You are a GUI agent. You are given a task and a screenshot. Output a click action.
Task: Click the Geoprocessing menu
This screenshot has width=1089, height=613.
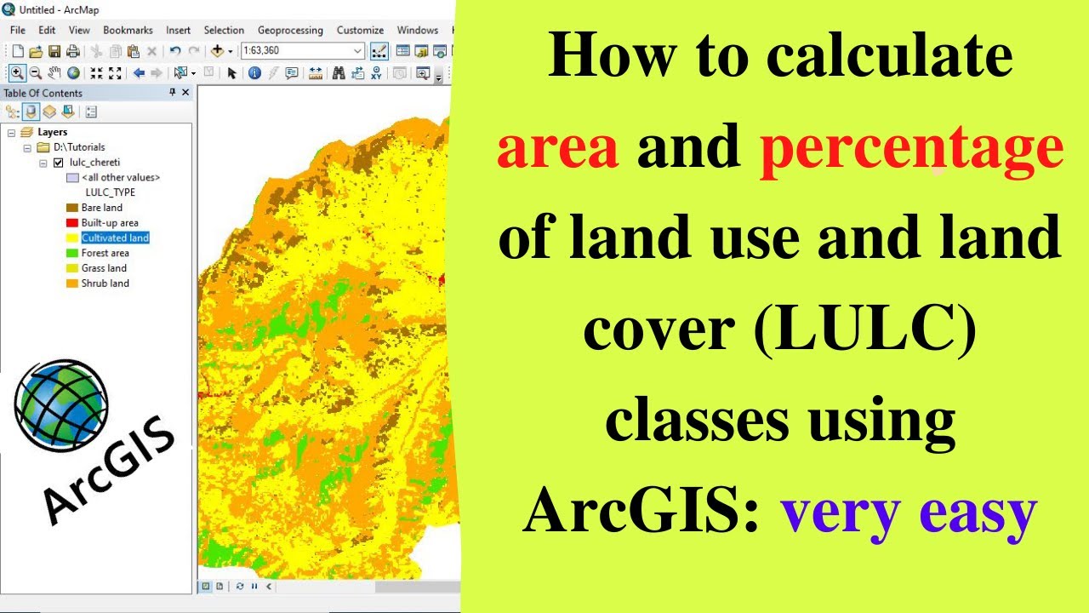(x=290, y=30)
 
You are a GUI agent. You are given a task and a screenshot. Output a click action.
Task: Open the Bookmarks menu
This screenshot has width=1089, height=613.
(x=128, y=30)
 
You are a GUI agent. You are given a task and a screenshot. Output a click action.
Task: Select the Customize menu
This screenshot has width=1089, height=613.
(x=360, y=30)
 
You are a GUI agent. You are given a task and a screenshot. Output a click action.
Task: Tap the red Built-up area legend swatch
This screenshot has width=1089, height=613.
(x=71, y=223)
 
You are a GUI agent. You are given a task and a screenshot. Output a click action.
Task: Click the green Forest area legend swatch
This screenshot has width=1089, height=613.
(x=71, y=253)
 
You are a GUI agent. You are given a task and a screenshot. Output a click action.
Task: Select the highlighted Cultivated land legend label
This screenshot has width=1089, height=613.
(x=115, y=238)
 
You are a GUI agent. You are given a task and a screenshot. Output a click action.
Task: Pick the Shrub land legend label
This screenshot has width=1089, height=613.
(x=105, y=284)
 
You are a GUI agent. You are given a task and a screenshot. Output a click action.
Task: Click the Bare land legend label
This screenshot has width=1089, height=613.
(x=101, y=208)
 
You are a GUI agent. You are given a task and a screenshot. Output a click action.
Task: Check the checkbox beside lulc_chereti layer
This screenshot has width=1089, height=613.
(x=58, y=163)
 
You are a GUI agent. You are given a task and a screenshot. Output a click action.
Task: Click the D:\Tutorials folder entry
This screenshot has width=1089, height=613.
(x=79, y=147)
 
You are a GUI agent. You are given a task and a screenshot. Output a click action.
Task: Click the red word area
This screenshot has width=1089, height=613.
(x=557, y=148)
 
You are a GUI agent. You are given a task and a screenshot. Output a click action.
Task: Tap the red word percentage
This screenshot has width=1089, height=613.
(x=911, y=148)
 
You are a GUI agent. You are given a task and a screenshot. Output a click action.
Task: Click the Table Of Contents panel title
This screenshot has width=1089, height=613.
(x=43, y=93)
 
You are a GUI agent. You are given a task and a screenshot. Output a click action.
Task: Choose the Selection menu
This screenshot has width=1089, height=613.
(x=224, y=30)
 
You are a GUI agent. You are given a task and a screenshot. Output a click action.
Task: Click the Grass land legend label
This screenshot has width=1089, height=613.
(x=104, y=268)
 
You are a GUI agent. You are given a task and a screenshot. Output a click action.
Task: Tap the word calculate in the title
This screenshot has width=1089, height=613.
(x=888, y=58)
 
